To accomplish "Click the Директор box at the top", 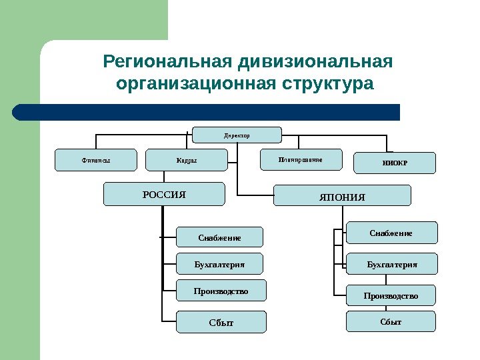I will pyautogui.click(x=237, y=135).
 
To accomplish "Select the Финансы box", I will pyautogui.click(x=95, y=160).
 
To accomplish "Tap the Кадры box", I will pyautogui.click(x=187, y=160).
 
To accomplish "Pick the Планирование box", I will pyautogui.click(x=300, y=160).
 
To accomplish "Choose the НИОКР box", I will pyautogui.click(x=393, y=163).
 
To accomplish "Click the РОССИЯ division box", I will pyautogui.click(x=164, y=194).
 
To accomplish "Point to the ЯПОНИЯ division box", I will pyautogui.click(x=343, y=196).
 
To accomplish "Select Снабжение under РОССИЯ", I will pyautogui.click(x=219, y=237).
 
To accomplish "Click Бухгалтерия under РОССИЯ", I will pyautogui.click(x=219, y=264).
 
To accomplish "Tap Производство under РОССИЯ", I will pyautogui.click(x=221, y=291).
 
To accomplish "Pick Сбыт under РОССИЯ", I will pyautogui.click(x=221, y=322).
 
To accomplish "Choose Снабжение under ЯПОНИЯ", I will pyautogui.click(x=391, y=233).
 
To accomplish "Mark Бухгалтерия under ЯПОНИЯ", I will pyautogui.click(x=391, y=264).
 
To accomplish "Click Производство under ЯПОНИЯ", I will pyautogui.click(x=391, y=295).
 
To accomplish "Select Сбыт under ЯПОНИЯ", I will pyautogui.click(x=391, y=321).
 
